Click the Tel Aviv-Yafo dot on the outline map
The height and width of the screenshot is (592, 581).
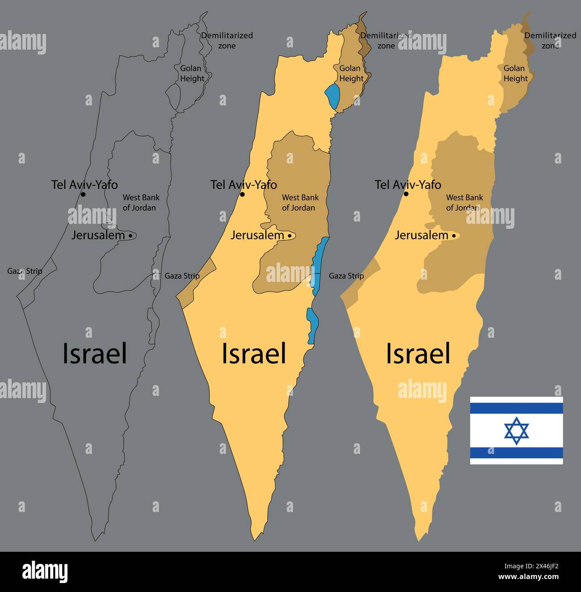tap(83, 194)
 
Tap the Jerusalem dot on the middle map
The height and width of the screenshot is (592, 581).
tap(290, 235)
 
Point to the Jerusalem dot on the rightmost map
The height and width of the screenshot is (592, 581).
tap(454, 235)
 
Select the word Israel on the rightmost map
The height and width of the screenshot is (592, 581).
tap(418, 353)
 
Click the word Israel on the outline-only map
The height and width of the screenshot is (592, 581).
tap(95, 353)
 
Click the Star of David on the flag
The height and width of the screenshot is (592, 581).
tap(516, 431)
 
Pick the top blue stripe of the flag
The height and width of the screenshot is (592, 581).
tap(516, 408)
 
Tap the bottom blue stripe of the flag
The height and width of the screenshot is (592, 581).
tap(516, 453)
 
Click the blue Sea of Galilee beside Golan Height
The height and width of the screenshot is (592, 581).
tap(332, 96)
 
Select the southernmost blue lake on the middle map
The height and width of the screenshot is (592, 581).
tap(312, 324)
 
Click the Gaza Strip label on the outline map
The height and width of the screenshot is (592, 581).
tap(25, 271)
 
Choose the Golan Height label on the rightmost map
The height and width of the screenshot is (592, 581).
tap(515, 73)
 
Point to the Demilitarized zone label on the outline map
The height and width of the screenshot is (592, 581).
tap(227, 40)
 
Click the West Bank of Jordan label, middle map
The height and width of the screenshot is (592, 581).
tap(300, 202)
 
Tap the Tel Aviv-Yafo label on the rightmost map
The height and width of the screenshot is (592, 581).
tap(408, 185)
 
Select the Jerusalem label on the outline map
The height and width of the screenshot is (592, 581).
tap(97, 235)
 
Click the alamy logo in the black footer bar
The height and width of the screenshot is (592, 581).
tap(45, 571)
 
